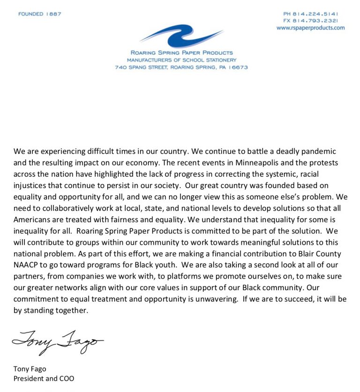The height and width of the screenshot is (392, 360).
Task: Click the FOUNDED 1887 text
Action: pyautogui.click(x=40, y=14)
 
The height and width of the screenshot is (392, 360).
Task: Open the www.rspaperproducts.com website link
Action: pyautogui.click(x=310, y=28)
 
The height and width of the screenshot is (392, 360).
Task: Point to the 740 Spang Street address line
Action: pyautogui.click(x=181, y=67)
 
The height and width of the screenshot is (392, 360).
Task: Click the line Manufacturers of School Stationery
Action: pyautogui.click(x=181, y=60)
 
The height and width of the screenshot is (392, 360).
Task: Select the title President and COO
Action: pyautogui.click(x=44, y=378)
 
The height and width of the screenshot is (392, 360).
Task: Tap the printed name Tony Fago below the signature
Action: pyautogui.click(x=30, y=369)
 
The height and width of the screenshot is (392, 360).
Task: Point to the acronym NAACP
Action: pyautogui.click(x=28, y=264)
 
